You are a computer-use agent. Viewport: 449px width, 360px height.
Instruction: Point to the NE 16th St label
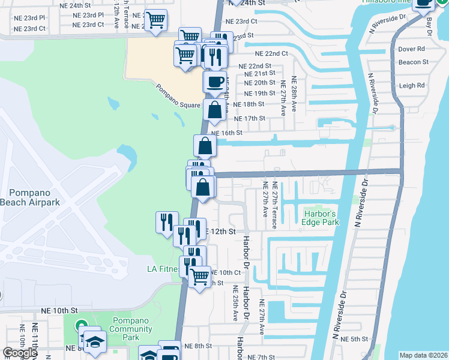(x=227, y=133)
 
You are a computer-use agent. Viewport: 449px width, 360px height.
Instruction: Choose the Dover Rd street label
(x=411, y=49)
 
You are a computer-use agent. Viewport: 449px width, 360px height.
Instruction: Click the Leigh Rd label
(x=412, y=85)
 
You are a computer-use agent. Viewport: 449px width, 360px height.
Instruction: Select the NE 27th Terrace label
(x=274, y=205)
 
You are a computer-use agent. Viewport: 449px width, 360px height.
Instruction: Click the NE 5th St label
(x=354, y=339)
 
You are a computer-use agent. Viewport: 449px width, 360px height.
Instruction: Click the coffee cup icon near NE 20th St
(x=214, y=82)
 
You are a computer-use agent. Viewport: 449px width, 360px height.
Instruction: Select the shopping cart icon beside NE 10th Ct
(x=199, y=277)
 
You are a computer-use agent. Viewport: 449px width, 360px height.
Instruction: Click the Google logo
(x=20, y=353)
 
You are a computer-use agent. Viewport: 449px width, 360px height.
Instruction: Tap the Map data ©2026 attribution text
(x=423, y=355)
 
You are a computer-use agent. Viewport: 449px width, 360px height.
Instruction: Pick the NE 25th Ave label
(x=235, y=304)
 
